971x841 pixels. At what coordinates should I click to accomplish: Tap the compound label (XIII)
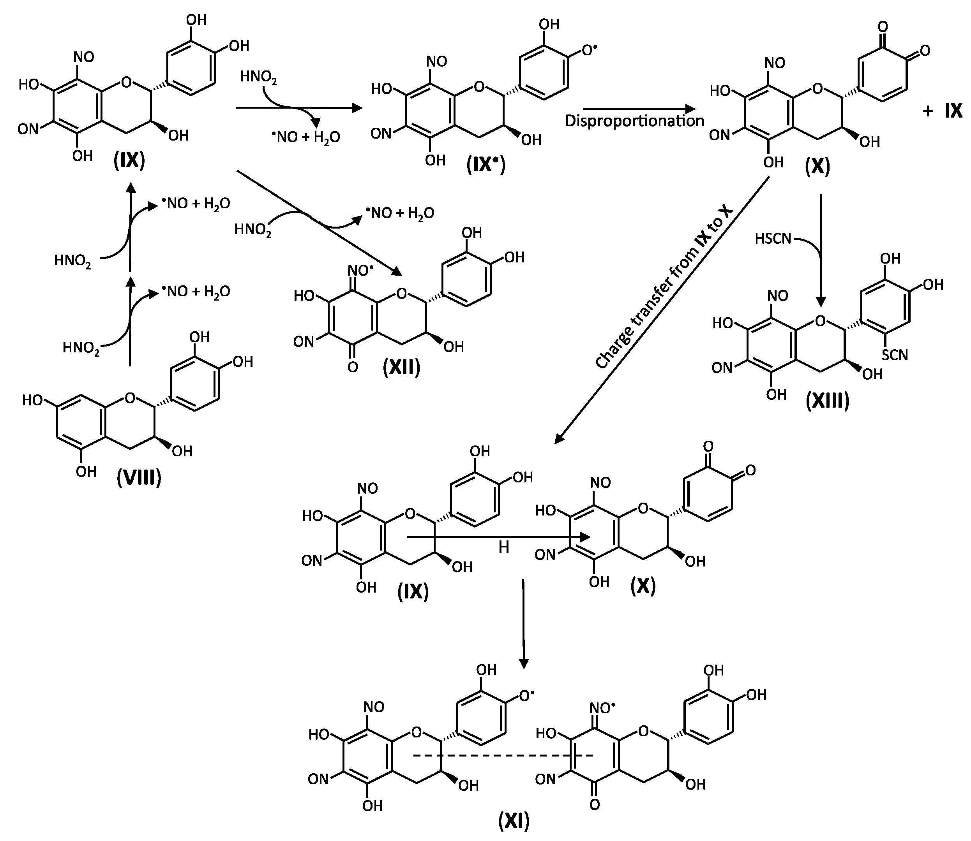tap(828, 402)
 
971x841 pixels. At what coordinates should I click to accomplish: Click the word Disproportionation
tap(634, 121)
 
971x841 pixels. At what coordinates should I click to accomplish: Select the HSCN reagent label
tap(773, 239)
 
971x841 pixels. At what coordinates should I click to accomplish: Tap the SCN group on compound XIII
tap(895, 355)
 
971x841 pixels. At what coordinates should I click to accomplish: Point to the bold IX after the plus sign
tap(953, 111)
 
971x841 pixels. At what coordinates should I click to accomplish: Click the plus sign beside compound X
tap(927, 112)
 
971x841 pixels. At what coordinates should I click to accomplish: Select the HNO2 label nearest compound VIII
tap(81, 348)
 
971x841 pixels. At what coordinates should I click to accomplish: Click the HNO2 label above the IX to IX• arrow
tap(258, 77)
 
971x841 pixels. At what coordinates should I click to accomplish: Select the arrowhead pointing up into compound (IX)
tap(131, 188)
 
